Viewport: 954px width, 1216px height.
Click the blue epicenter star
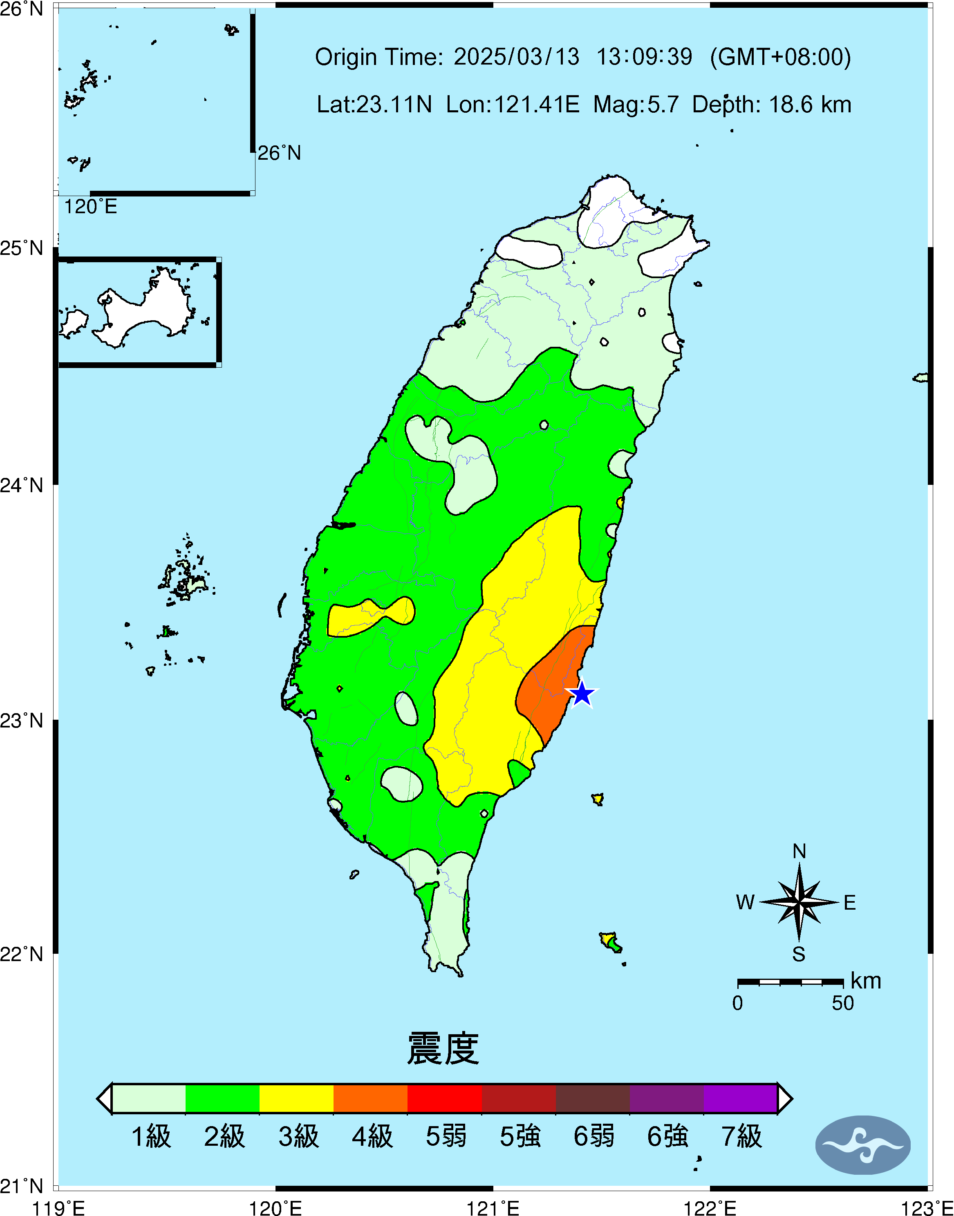(x=582, y=694)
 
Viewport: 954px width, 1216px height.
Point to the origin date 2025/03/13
(x=516, y=57)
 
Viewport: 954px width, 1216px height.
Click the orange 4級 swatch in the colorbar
(x=370, y=1098)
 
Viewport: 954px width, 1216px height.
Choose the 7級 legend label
(x=741, y=1137)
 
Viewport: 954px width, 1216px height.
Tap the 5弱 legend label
(x=446, y=1137)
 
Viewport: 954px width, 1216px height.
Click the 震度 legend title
(x=443, y=1049)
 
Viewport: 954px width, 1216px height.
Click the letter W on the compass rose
(x=745, y=902)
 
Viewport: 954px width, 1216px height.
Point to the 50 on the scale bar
(x=842, y=1003)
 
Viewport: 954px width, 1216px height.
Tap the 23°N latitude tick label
(x=22, y=721)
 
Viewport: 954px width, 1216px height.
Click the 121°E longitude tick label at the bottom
(x=493, y=1208)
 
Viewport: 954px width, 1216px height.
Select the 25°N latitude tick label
(x=22, y=248)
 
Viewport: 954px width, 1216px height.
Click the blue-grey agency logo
(x=862, y=1145)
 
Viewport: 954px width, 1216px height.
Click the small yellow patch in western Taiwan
(x=369, y=617)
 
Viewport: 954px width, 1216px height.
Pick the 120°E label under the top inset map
(x=90, y=207)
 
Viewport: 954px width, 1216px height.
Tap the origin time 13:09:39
(x=644, y=57)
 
